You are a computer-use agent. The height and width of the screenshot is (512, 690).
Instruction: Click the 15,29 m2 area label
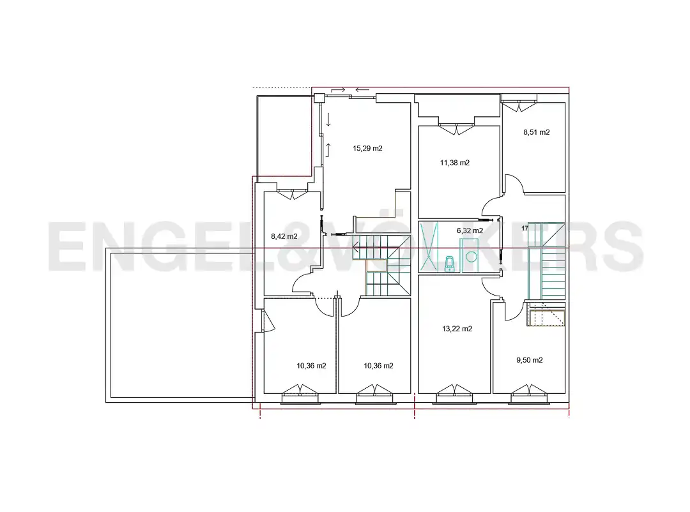(367, 148)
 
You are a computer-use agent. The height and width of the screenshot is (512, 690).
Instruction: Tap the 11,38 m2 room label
(455, 163)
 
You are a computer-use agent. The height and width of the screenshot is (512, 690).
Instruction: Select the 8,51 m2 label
(537, 132)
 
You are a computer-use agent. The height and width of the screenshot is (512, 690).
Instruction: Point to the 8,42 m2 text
(284, 236)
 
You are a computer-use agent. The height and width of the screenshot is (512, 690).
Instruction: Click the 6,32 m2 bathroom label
(470, 230)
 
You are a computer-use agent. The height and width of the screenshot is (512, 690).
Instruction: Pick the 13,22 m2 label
(457, 329)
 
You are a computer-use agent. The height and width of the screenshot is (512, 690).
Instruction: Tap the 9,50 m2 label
(530, 360)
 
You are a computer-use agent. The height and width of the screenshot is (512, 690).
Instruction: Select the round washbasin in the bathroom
(471, 257)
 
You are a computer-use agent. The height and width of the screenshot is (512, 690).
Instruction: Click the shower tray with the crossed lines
(429, 246)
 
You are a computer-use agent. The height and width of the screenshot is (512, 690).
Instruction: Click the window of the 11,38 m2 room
(457, 128)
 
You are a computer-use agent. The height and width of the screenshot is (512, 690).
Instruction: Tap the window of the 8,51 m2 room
(519, 105)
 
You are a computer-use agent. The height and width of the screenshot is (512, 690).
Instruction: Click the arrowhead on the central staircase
(356, 248)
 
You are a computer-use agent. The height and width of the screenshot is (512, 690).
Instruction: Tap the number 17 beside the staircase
(525, 229)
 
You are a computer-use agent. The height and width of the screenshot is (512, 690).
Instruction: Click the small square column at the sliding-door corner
(319, 98)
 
